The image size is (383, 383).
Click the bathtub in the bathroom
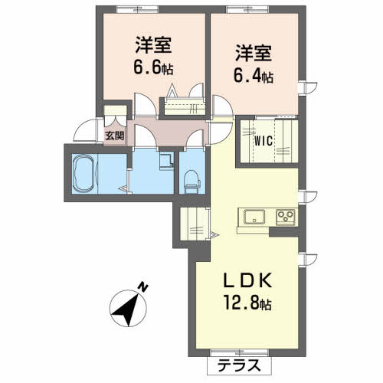83,174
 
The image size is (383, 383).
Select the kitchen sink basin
254,217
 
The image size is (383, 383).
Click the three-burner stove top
286,217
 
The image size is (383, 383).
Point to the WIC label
264,141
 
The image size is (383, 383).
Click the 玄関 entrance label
115,136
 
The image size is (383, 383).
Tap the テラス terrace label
239,365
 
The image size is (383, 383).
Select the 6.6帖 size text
153,68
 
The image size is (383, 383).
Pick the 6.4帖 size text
254,76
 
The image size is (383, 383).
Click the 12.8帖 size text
247,303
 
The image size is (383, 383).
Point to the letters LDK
247,281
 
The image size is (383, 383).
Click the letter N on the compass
142,287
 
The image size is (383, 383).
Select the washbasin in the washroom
166,161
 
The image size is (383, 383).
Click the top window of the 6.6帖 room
137,9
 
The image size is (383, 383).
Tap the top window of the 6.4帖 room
247,9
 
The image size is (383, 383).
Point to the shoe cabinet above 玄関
115,110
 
